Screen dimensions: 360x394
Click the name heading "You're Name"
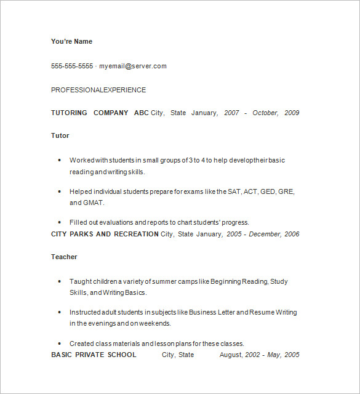tap(71, 41)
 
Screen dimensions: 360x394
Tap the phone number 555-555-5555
tap(72, 66)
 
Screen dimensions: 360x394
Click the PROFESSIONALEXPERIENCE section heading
tap(98, 90)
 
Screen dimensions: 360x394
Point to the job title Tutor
tap(60, 135)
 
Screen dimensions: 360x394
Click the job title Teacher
tap(64, 257)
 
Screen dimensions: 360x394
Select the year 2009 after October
tap(292, 113)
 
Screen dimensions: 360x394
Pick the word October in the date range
tap(265, 113)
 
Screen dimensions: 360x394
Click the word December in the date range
tap(265, 234)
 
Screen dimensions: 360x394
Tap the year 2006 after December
tap(292, 234)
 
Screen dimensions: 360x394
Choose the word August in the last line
tap(231, 355)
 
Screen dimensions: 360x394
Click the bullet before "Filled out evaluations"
tap(59, 222)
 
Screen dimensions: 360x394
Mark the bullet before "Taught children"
tap(59, 281)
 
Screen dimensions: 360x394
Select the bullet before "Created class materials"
tap(59, 344)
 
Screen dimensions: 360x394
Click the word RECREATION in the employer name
tap(136, 234)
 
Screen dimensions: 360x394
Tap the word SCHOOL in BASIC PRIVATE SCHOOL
tap(122, 355)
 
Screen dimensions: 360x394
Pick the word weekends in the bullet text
tap(156, 323)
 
